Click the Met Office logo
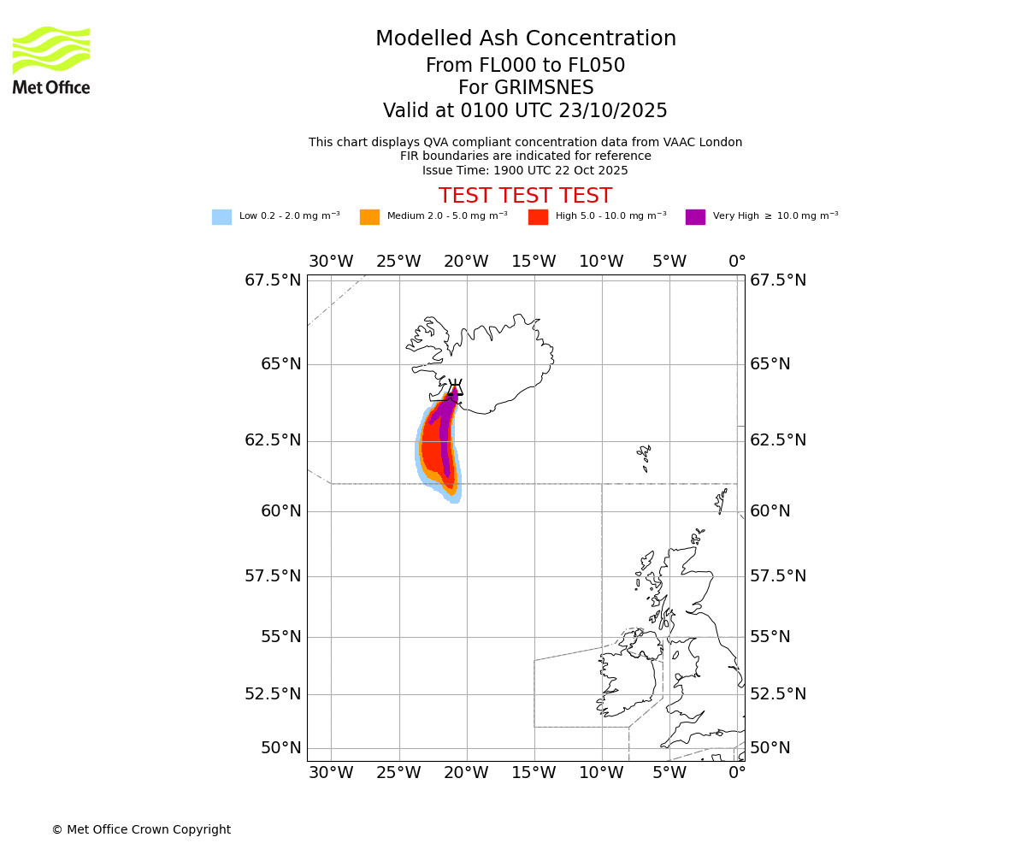click(x=51, y=60)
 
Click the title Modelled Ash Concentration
click(x=526, y=39)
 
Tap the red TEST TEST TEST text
click(x=525, y=196)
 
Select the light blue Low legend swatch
click(x=221, y=217)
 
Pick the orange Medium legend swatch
click(x=369, y=217)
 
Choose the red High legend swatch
click(x=538, y=217)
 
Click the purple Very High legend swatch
click(x=695, y=217)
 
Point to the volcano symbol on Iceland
click(x=455, y=389)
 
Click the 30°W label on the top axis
click(x=331, y=262)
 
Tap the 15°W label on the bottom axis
click(x=534, y=773)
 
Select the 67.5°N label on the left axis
click(x=273, y=280)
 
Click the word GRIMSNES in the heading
click(x=526, y=88)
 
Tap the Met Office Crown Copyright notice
click(x=141, y=829)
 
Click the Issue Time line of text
click(x=525, y=170)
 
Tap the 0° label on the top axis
click(x=737, y=262)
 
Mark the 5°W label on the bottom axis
click(x=669, y=773)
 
